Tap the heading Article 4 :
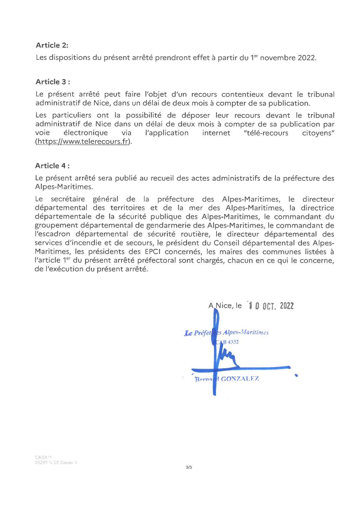(x=52, y=166)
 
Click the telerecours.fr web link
(x=83, y=142)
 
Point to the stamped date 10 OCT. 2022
(x=270, y=306)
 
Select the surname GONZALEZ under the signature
(x=240, y=379)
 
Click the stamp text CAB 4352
(x=228, y=342)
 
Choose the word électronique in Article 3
(x=86, y=133)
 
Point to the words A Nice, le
(x=225, y=306)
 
